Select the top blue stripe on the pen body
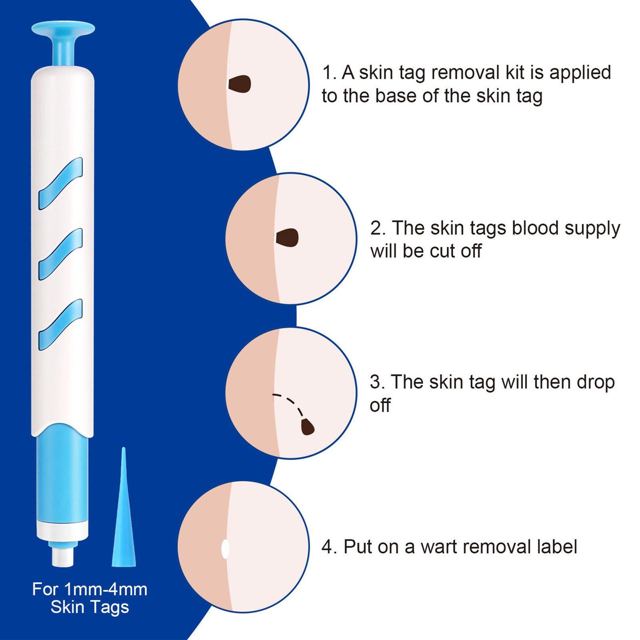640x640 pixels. click(x=61, y=183)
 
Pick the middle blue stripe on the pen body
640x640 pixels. click(x=61, y=254)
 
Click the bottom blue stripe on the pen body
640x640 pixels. click(x=61, y=324)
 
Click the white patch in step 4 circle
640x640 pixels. click(x=225, y=548)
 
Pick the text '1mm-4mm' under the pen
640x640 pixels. click(x=106, y=589)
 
